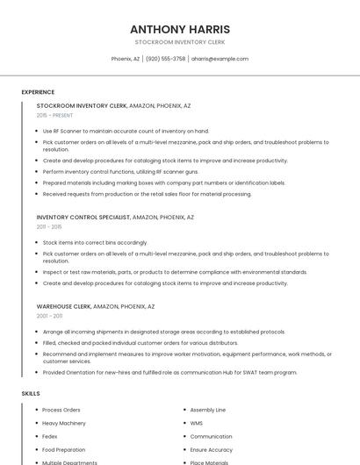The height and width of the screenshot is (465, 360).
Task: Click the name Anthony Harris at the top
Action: tap(180, 29)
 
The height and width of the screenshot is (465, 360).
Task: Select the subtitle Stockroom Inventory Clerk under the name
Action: tap(180, 42)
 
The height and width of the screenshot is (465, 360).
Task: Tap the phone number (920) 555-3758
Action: tap(166, 59)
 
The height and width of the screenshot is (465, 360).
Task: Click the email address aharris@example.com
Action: tap(220, 59)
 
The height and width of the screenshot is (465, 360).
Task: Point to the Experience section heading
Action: tap(38, 92)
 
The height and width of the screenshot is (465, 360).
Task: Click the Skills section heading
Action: tap(31, 394)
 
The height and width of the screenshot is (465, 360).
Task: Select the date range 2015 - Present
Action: tap(54, 115)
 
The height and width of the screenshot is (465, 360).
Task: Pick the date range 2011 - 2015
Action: tap(49, 226)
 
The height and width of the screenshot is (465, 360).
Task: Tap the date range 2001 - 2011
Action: tap(49, 316)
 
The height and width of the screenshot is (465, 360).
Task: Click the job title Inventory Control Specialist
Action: tap(83, 217)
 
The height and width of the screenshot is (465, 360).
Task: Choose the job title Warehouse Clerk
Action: tap(64, 306)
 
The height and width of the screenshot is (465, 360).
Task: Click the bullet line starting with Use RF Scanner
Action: tap(126, 132)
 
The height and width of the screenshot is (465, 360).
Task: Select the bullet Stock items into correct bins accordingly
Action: tap(95, 242)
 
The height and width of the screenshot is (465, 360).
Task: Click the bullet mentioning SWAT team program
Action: tap(169, 372)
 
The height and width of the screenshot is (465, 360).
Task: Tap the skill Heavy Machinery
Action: tap(64, 423)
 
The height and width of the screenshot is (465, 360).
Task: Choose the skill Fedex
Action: tap(50, 436)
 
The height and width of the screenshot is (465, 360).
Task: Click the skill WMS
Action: tap(196, 423)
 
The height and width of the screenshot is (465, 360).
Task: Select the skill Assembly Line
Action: tap(208, 410)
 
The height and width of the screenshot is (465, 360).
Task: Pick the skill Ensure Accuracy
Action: tap(212, 449)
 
